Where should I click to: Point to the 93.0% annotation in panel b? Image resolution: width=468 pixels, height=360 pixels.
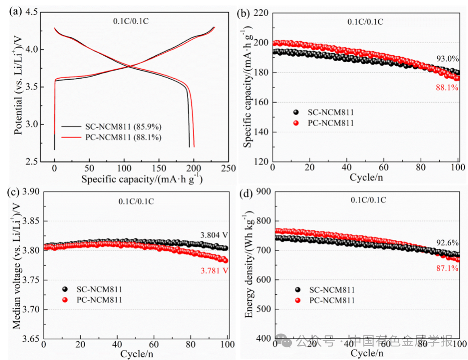[x=447, y=58]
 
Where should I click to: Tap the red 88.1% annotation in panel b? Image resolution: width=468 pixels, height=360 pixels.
[x=447, y=88]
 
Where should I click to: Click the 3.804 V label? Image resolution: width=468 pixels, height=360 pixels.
[x=214, y=235]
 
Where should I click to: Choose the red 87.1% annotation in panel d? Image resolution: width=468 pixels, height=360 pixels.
[x=447, y=268]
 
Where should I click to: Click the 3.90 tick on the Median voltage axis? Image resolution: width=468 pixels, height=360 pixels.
[x=29, y=192]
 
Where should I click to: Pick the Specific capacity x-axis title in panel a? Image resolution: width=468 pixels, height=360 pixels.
[x=141, y=179]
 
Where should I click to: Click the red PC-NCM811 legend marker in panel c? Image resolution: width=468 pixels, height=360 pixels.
[x=65, y=300]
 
